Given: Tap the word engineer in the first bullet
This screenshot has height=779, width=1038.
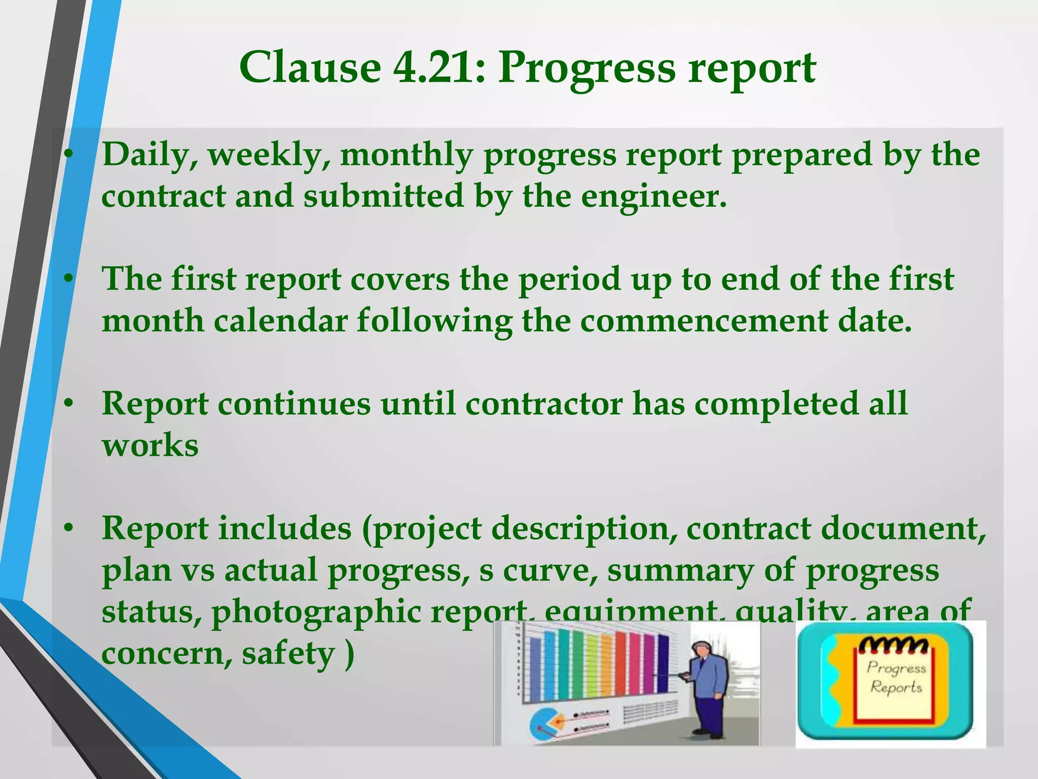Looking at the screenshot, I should tap(653, 197).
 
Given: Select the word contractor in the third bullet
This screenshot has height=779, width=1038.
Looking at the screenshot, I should tap(543, 404).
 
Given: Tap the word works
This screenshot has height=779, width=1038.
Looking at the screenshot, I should tap(150, 446).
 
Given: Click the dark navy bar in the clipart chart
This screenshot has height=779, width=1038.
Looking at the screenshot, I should tap(662, 664).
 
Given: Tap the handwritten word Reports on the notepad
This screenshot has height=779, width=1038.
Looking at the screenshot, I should tap(896, 688).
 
